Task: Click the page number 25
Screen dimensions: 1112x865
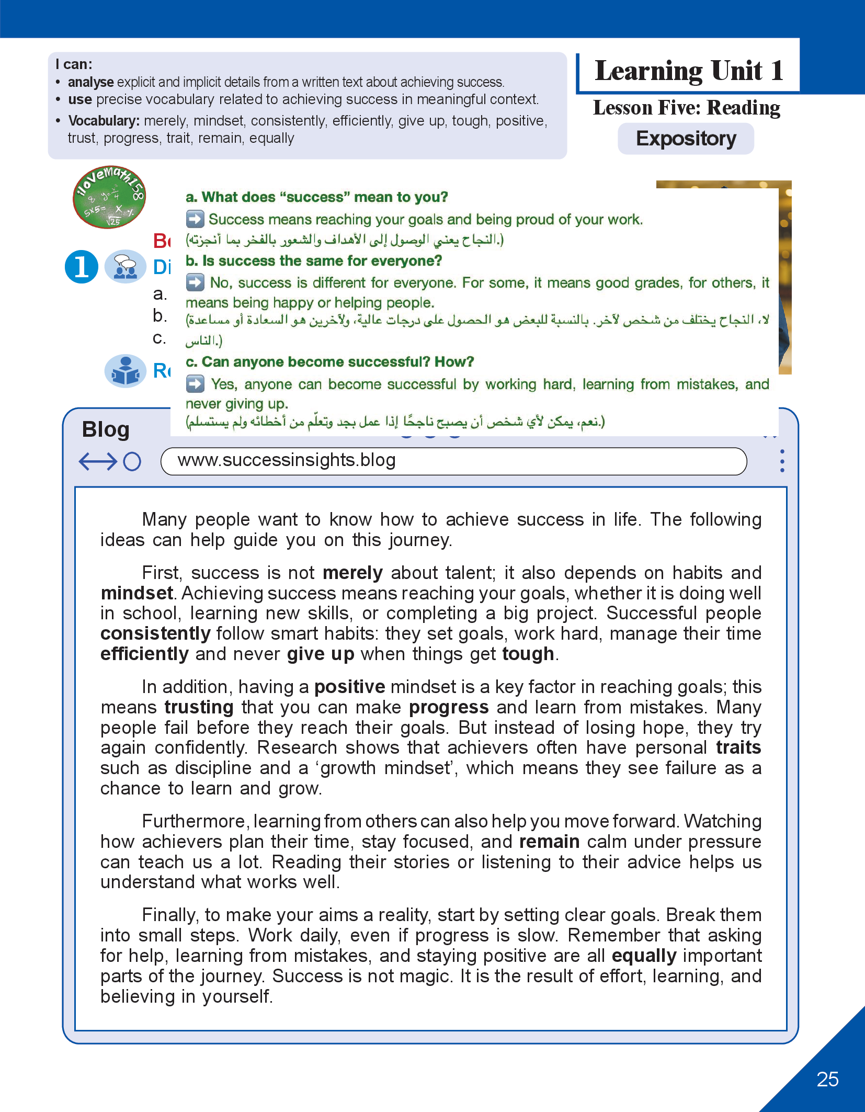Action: tap(827, 1079)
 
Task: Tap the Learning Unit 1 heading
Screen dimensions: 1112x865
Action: tap(689, 71)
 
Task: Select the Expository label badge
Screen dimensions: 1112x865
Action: tap(686, 139)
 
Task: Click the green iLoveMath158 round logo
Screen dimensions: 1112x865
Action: tap(109, 197)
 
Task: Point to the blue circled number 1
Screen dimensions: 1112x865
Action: tap(82, 266)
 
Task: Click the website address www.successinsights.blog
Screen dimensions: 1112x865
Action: tap(287, 460)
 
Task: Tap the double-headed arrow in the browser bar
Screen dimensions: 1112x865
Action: tap(98, 461)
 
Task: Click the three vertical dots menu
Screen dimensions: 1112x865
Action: tap(782, 461)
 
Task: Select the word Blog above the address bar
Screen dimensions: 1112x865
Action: tap(106, 429)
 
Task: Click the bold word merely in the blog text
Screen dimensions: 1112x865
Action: tap(352, 573)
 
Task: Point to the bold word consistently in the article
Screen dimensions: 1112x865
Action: tap(155, 634)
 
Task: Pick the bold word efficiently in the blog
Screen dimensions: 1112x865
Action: tap(144, 654)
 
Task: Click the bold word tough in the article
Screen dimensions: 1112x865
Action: tap(528, 654)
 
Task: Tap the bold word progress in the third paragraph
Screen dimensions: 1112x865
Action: tap(449, 708)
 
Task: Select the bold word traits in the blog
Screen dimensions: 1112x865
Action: tap(738, 748)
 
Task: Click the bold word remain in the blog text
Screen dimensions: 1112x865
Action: tap(549, 842)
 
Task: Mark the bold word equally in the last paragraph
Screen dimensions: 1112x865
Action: tap(644, 956)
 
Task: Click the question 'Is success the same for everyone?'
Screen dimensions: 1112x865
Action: tap(314, 260)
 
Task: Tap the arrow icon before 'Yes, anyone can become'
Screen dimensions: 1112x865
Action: tap(195, 384)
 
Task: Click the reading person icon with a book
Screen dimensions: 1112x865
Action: tap(126, 371)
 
